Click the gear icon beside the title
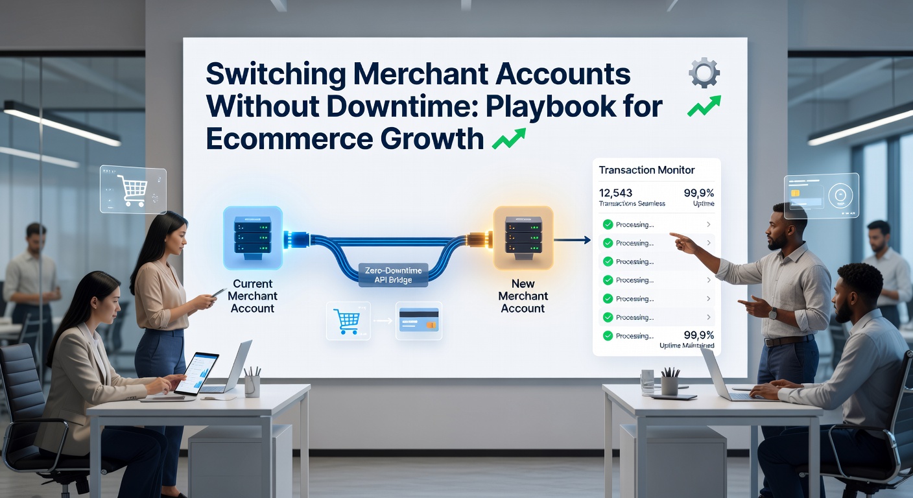pos(704,73)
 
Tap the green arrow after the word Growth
pos(508,138)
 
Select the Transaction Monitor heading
pos(646,170)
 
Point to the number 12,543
pos(616,193)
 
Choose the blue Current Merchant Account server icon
pos(252,237)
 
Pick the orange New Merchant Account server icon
pos(523,237)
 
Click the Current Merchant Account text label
pos(252,296)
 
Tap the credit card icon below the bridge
pos(418,320)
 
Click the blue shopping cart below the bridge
pos(346,320)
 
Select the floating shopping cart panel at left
pos(133,190)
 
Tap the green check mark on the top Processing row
pos(608,224)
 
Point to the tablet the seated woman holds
pos(196,374)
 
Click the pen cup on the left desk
pos(252,384)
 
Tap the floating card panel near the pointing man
pos(821,195)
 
